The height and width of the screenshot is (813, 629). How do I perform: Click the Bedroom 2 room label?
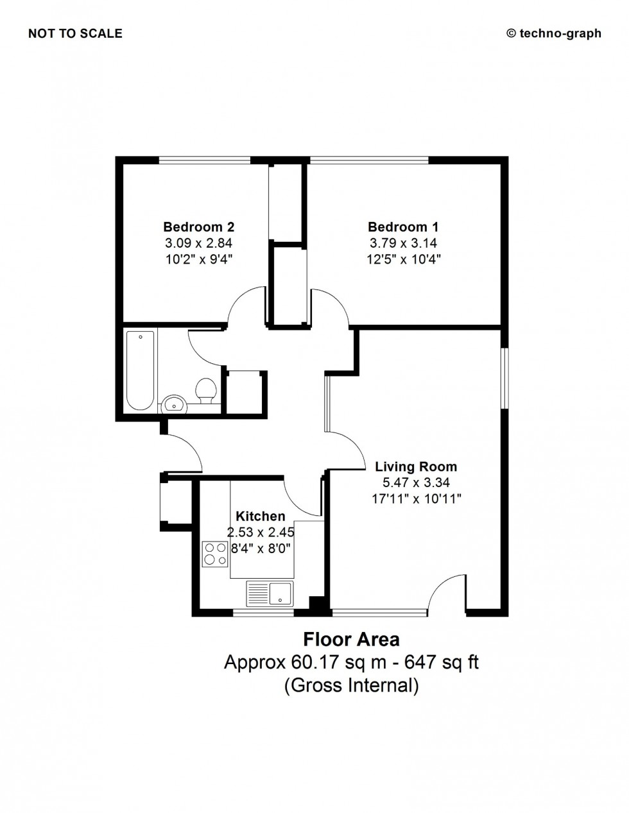(x=198, y=227)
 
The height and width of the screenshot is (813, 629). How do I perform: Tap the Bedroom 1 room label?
(x=403, y=227)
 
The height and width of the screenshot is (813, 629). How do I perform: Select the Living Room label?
(x=416, y=466)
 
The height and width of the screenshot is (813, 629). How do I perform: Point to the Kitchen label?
(x=260, y=516)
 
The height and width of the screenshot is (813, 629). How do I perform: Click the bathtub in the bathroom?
(x=140, y=370)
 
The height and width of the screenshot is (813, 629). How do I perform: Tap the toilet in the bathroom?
(x=205, y=391)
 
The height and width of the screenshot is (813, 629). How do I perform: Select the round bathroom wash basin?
(x=173, y=404)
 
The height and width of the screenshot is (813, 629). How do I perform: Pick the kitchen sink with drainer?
(x=270, y=593)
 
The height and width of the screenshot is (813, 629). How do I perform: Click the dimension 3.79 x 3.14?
(x=403, y=243)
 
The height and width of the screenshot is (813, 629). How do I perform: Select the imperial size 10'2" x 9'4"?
(x=198, y=259)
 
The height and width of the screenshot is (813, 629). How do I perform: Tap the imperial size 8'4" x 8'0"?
(x=260, y=548)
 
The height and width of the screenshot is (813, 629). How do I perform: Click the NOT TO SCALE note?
(x=75, y=34)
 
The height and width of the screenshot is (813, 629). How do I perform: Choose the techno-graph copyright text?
(x=554, y=34)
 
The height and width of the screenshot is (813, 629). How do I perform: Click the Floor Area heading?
(x=351, y=639)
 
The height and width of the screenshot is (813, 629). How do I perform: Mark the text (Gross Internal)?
(x=351, y=685)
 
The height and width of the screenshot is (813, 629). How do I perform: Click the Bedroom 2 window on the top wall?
(x=204, y=160)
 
